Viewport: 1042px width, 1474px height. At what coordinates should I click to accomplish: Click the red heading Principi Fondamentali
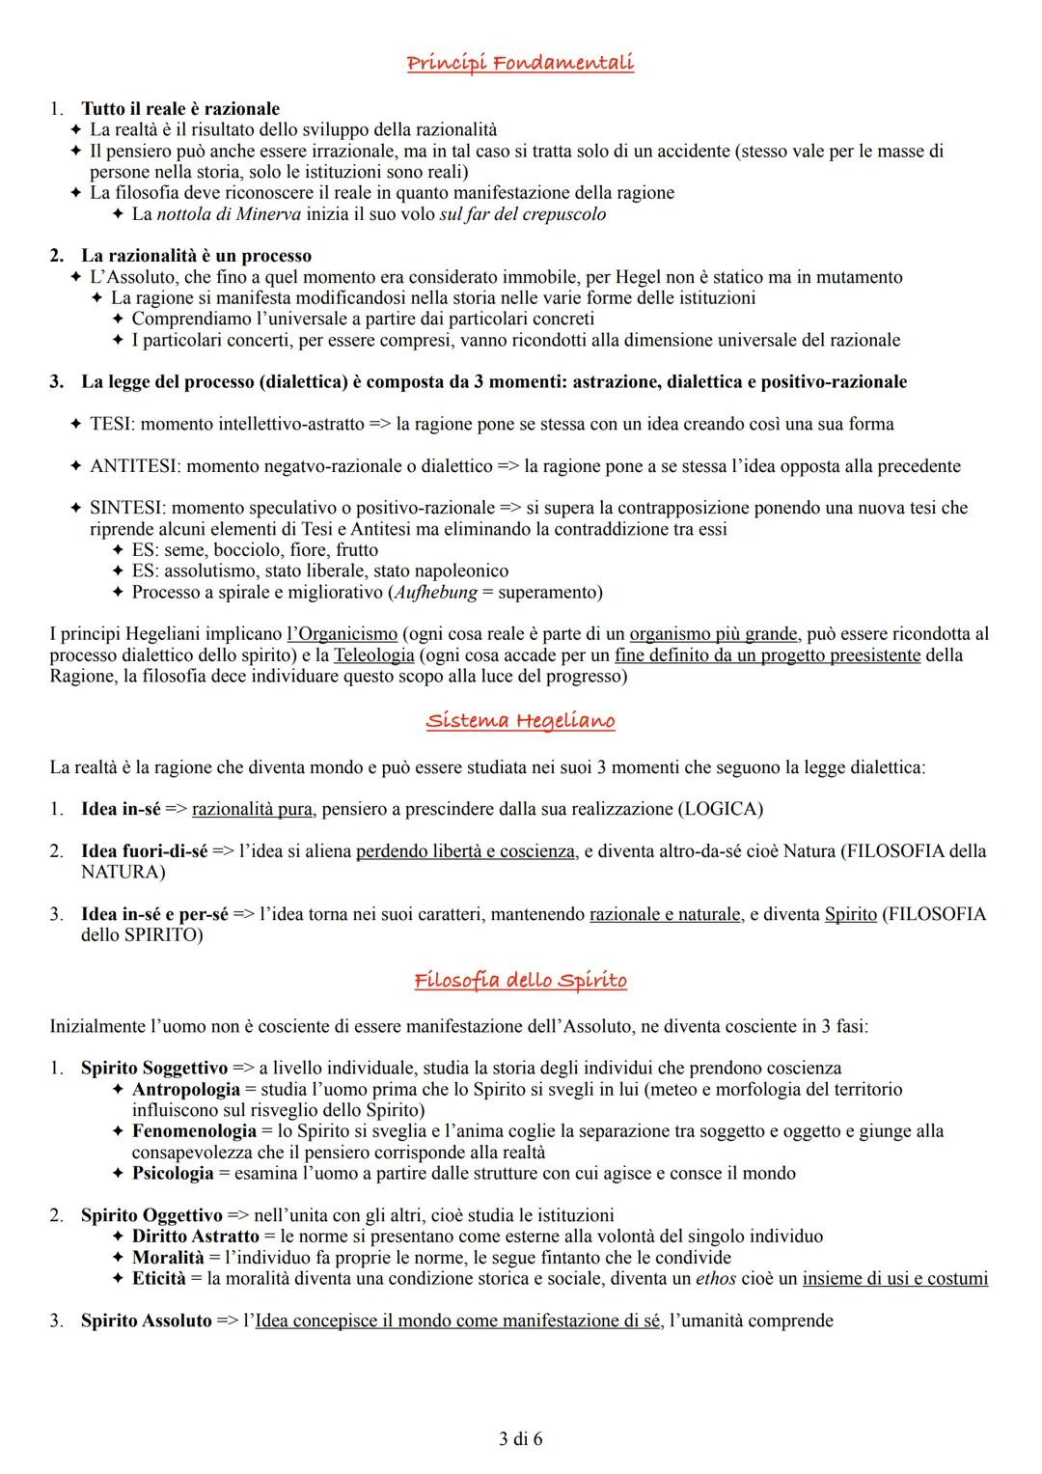click(520, 64)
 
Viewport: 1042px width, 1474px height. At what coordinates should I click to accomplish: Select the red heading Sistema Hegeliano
click(520, 721)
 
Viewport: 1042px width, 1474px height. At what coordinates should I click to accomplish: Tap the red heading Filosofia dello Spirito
click(520, 981)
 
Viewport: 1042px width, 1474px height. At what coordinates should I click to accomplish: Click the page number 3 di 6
click(521, 1439)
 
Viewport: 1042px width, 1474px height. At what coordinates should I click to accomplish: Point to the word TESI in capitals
click(112, 424)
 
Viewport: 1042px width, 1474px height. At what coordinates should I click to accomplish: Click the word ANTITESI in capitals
click(133, 466)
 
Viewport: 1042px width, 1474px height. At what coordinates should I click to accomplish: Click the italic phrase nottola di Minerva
click(217, 214)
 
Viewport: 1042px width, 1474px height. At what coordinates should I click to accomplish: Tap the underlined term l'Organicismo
click(343, 634)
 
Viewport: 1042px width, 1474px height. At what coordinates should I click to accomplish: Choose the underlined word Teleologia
click(373, 655)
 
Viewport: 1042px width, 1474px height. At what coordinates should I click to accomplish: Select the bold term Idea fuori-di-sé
click(144, 851)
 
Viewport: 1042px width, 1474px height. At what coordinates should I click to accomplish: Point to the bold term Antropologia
click(185, 1090)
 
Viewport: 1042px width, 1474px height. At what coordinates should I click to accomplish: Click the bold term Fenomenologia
click(194, 1131)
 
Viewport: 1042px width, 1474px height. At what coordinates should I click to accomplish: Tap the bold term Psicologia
click(173, 1174)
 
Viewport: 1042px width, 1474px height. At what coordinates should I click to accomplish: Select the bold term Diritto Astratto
click(195, 1237)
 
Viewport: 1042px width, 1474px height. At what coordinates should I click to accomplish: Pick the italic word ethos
click(716, 1279)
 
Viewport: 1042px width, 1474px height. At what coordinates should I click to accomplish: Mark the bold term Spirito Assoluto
click(146, 1321)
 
